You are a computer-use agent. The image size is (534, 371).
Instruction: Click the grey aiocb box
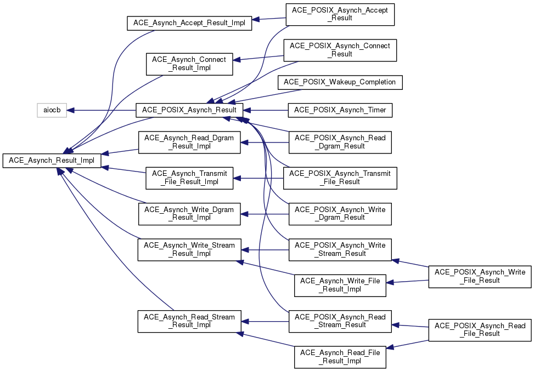(x=52, y=110)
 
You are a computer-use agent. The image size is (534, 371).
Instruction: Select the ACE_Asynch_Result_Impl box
(x=52, y=161)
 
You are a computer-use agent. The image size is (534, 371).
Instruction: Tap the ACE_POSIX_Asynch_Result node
(x=190, y=110)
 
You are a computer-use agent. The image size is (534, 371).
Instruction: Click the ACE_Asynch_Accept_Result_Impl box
(x=189, y=24)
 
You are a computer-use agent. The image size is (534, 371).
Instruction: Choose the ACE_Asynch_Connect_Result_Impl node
(x=189, y=64)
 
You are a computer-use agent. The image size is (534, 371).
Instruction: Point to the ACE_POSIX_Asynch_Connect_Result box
(x=340, y=50)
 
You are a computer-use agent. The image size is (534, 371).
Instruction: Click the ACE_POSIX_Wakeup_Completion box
(x=340, y=82)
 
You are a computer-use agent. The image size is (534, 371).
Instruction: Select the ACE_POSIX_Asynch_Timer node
(x=340, y=110)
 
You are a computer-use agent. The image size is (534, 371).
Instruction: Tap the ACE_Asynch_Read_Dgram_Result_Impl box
(x=189, y=142)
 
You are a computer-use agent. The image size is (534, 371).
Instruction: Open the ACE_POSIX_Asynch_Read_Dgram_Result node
(x=340, y=142)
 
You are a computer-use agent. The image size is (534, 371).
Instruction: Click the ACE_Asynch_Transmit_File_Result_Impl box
(x=189, y=178)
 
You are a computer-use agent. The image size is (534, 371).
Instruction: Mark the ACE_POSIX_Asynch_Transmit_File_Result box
(x=340, y=178)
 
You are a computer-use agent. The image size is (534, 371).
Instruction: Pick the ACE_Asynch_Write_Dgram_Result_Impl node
(x=189, y=214)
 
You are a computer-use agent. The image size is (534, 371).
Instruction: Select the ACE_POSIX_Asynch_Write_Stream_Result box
(x=340, y=249)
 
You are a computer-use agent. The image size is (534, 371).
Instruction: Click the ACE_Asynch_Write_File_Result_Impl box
(x=340, y=285)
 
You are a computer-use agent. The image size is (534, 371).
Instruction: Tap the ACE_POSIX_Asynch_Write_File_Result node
(x=480, y=276)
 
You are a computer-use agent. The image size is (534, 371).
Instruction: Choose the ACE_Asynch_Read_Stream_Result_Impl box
(x=189, y=321)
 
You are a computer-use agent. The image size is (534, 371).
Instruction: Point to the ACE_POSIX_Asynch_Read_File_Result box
(x=480, y=330)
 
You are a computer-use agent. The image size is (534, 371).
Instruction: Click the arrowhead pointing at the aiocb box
(x=70, y=110)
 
